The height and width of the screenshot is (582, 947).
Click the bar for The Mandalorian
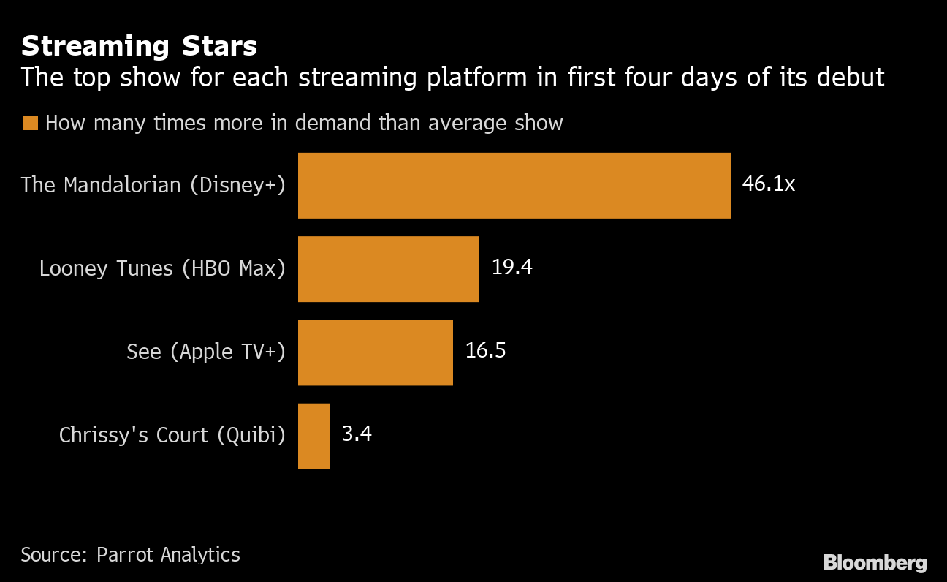tap(514, 185)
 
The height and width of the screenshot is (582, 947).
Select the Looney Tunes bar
tap(388, 268)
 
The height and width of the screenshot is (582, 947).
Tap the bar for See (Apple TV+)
tap(375, 352)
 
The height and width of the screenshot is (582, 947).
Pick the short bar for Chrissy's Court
tap(314, 436)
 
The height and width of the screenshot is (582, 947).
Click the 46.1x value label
tap(768, 184)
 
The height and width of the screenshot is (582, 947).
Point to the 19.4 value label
tap(511, 268)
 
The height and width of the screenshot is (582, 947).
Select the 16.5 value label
tap(485, 351)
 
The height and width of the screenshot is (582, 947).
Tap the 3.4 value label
tap(357, 434)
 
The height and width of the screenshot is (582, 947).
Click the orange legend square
tap(30, 123)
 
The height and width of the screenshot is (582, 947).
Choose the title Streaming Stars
tap(139, 46)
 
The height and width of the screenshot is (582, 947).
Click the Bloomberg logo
tap(875, 563)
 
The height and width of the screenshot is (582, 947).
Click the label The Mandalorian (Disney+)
tap(153, 185)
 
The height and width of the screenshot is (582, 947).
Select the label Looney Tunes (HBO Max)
tap(162, 268)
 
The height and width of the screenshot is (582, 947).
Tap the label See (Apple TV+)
tap(206, 352)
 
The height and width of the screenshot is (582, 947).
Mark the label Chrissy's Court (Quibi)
tap(172, 436)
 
